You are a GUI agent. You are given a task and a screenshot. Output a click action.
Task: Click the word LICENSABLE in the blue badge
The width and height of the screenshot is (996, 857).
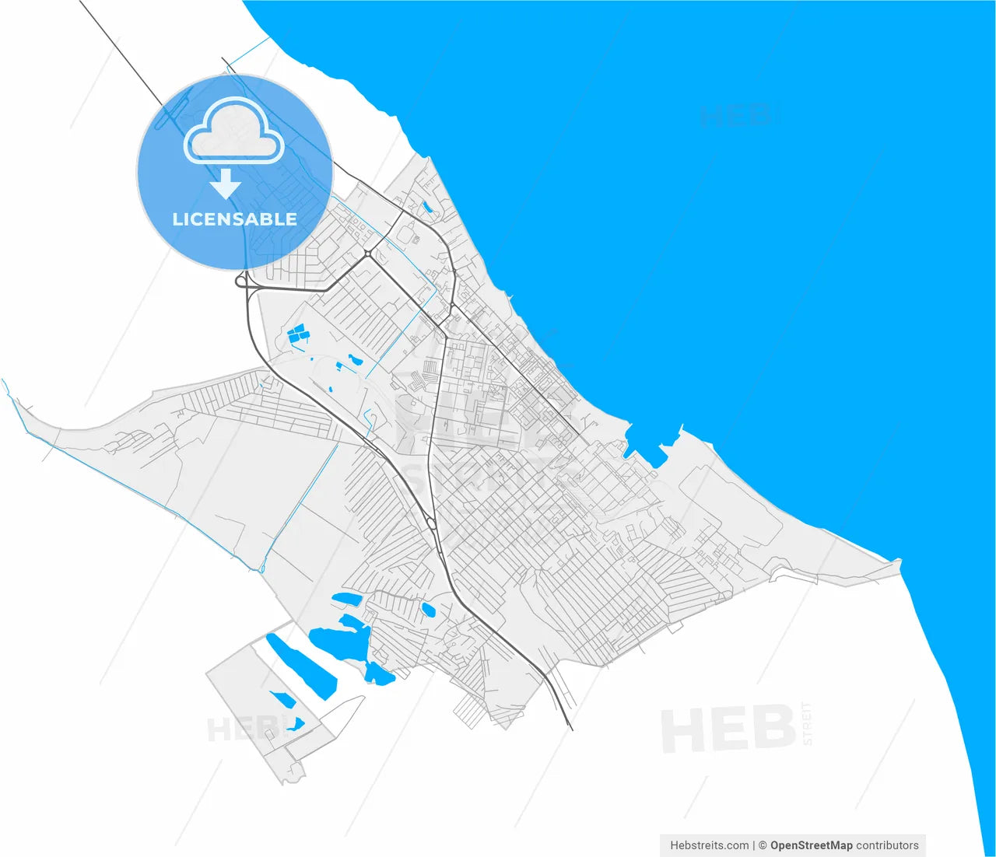click(234, 219)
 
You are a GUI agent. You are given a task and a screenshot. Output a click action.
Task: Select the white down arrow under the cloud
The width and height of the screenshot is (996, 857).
click(226, 184)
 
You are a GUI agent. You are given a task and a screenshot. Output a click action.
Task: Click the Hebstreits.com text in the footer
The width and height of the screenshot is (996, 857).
click(709, 845)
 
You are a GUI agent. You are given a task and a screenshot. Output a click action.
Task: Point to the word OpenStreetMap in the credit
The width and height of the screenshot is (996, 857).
click(811, 845)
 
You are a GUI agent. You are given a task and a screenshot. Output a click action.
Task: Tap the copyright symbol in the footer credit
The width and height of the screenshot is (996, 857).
click(763, 845)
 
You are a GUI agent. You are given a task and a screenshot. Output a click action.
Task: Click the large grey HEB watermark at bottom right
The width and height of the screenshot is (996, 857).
click(728, 729)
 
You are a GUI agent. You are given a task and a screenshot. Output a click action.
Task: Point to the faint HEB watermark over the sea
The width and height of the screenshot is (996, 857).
click(735, 117)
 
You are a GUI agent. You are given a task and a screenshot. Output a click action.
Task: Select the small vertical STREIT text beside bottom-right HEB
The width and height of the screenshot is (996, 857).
click(807, 724)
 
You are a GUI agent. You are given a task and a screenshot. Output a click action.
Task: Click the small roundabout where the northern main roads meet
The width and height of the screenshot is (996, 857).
click(367, 254)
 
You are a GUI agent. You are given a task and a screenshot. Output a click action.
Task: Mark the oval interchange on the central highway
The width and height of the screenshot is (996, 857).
click(431, 523)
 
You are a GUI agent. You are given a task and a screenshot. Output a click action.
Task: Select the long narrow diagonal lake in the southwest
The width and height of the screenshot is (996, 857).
click(301, 666)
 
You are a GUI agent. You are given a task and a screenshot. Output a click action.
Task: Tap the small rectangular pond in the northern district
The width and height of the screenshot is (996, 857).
click(426, 207)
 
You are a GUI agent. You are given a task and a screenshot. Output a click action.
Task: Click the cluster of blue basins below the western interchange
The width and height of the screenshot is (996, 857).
click(298, 335)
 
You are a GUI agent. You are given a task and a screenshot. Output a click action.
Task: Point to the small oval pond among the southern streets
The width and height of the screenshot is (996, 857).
click(428, 610)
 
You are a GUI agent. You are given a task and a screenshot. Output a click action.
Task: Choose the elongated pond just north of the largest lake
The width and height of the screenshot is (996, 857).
click(347, 599)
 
